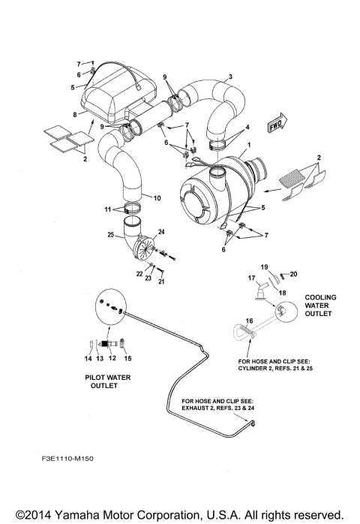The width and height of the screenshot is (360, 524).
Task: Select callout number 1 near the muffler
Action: click(249, 143)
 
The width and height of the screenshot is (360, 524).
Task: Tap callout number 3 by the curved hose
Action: click(230, 77)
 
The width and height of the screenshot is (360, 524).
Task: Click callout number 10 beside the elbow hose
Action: click(157, 198)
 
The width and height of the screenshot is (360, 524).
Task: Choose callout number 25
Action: click(110, 236)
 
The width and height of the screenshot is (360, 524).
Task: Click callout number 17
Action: click(253, 279)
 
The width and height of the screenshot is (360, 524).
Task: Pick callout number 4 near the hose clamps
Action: click(248, 129)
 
